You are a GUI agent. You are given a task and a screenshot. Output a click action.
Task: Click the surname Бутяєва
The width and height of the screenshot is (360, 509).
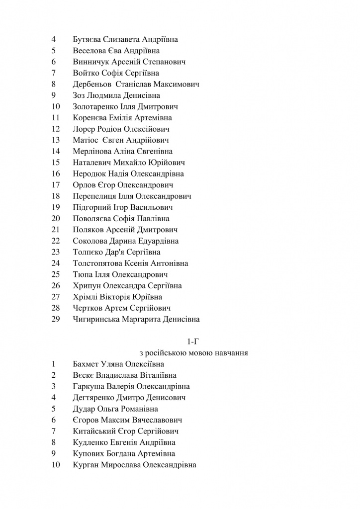coord(90,40)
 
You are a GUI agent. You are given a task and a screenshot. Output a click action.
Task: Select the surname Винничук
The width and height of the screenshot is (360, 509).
coord(92,62)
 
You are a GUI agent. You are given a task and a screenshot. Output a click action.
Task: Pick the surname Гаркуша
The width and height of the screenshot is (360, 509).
coord(89,387)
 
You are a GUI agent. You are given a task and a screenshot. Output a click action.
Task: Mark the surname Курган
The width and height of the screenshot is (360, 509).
coord(86,465)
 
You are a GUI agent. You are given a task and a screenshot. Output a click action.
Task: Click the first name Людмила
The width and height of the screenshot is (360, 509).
coord(104,95)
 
